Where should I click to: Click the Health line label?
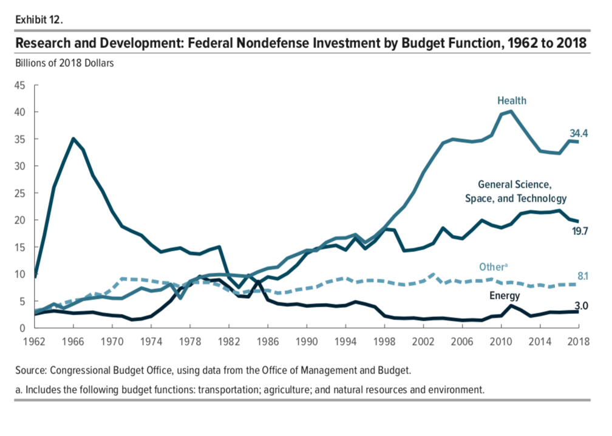[x=512, y=101]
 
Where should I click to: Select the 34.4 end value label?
[x=579, y=133]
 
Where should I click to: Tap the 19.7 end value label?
[x=579, y=231]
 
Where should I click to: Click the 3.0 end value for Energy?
[x=581, y=306]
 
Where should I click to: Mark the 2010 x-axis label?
[x=501, y=341]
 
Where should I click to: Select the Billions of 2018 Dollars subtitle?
[x=64, y=63]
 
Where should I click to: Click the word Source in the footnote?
[x=32, y=370]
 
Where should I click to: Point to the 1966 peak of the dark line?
[x=73, y=138]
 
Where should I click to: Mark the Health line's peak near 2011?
[x=511, y=111]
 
